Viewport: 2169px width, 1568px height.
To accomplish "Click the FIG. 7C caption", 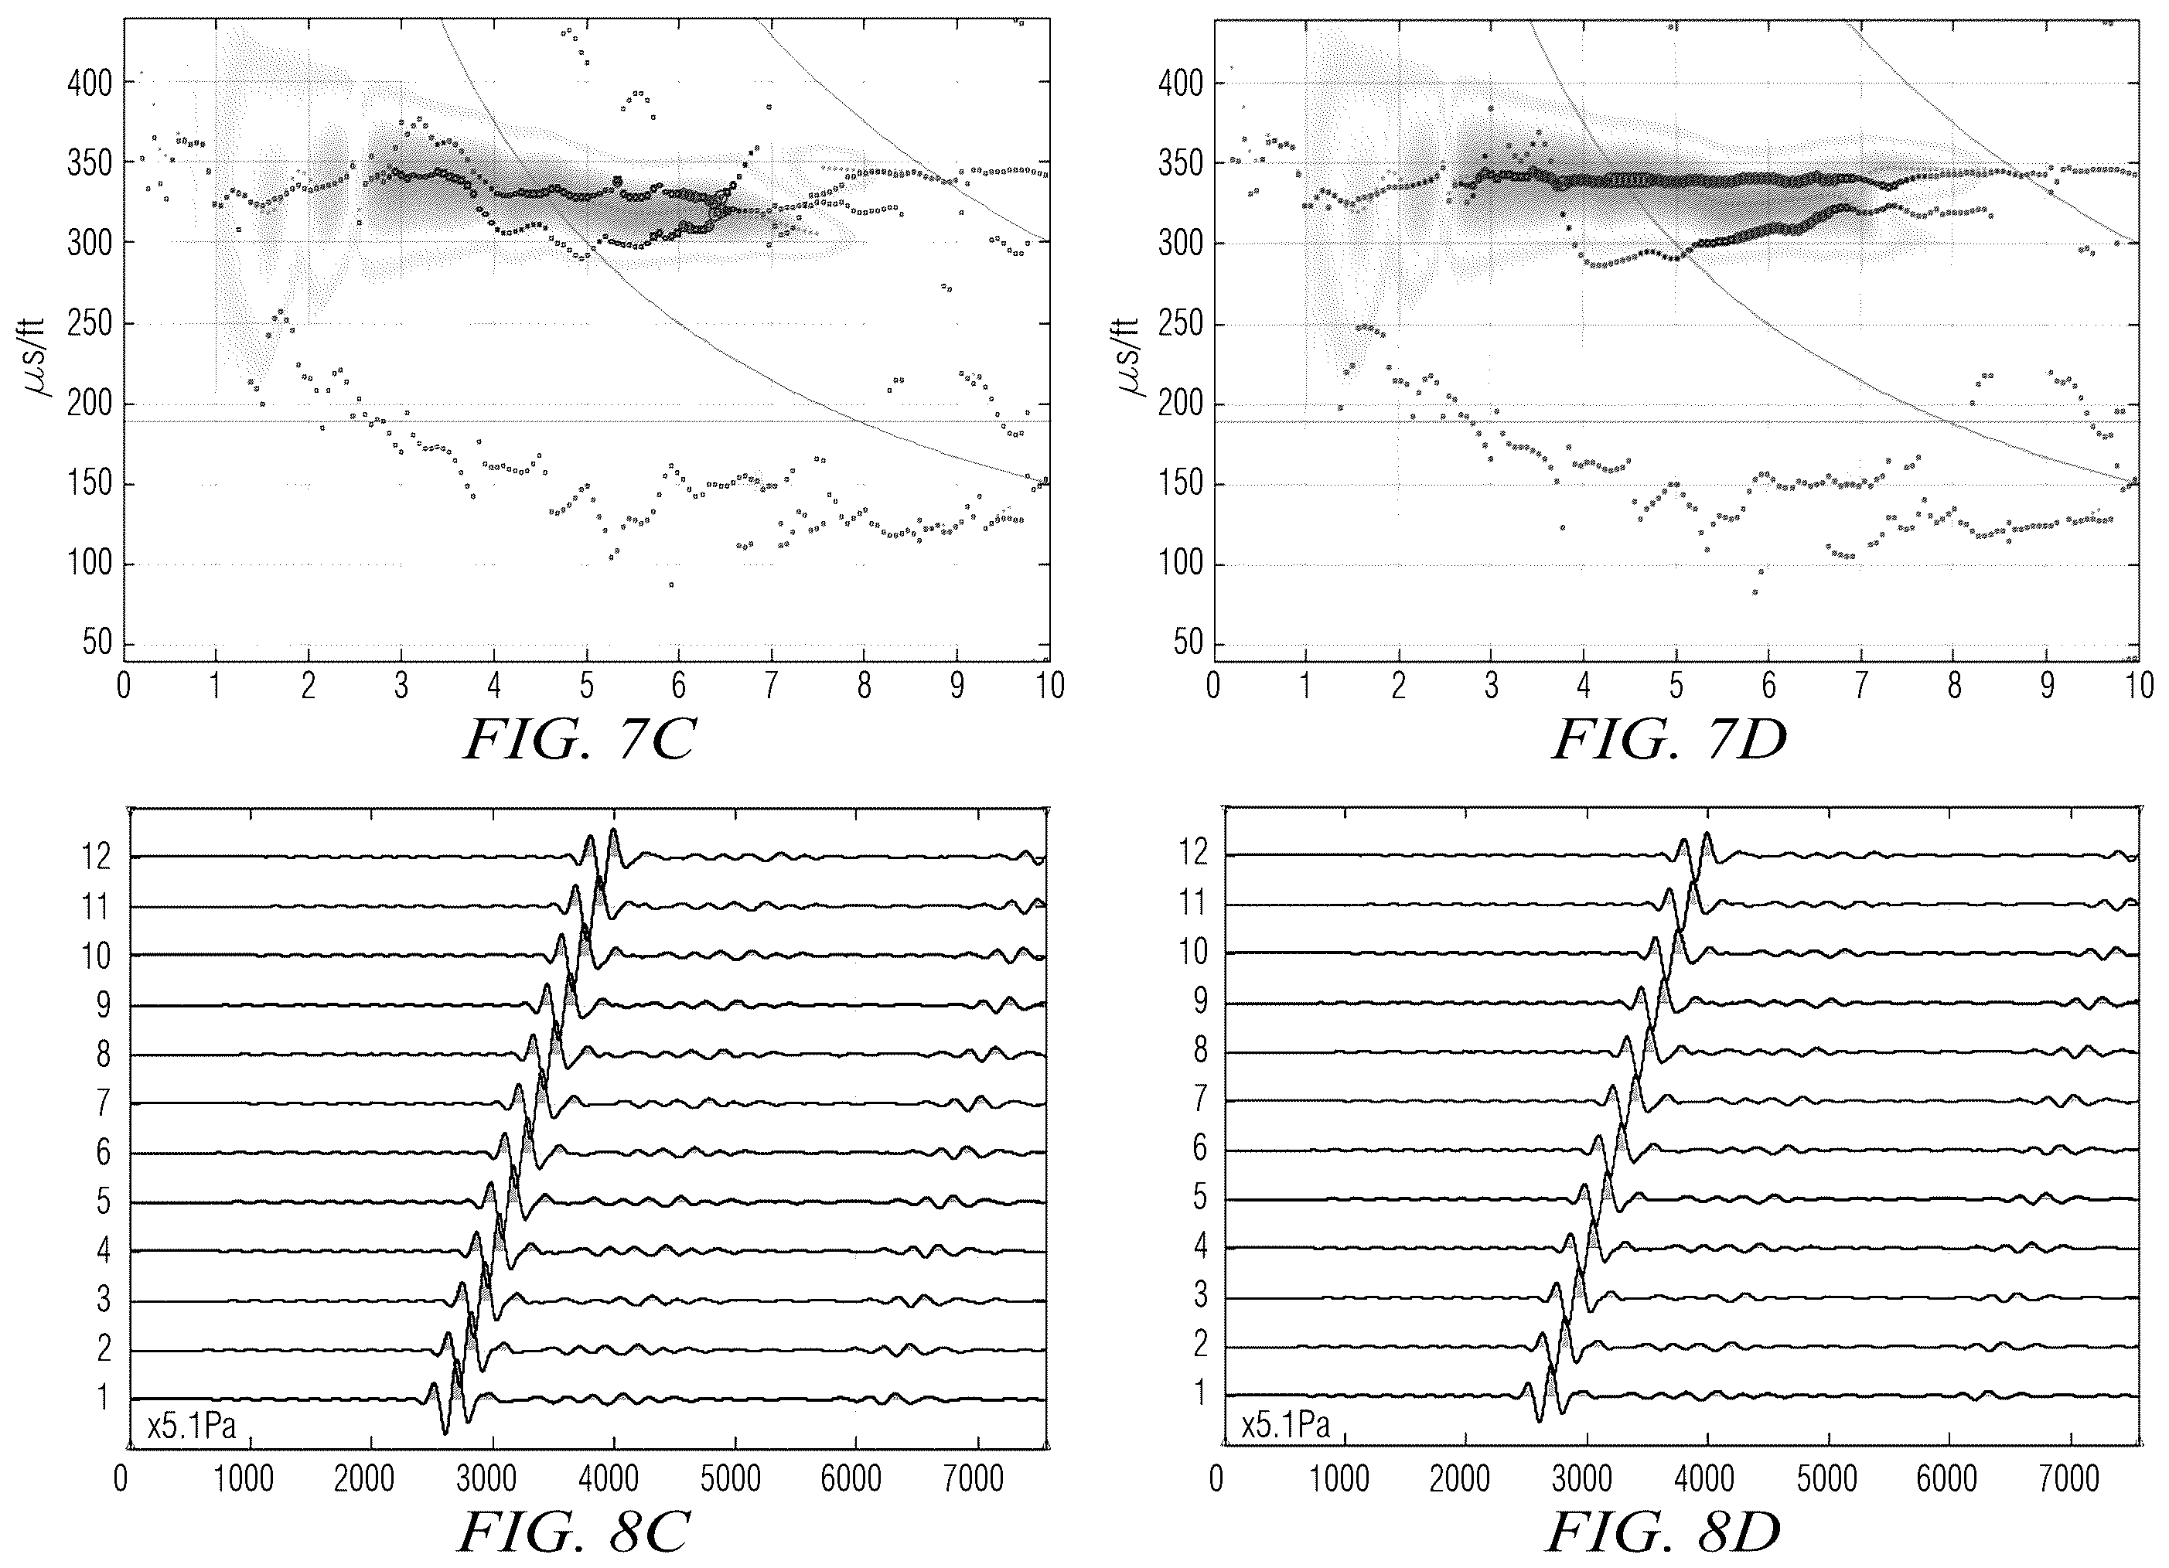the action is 579,740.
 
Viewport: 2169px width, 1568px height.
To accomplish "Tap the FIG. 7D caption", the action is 1669,740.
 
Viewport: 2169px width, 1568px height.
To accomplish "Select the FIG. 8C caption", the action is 575,1532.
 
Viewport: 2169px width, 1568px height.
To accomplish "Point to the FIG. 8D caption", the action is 1664,1532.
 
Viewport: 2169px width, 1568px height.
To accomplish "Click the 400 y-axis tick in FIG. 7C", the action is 90,84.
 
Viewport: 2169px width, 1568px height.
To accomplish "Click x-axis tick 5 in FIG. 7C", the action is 586,686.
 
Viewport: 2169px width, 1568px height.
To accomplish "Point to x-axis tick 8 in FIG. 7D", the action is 1955,686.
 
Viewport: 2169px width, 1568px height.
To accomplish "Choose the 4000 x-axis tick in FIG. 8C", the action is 609,1480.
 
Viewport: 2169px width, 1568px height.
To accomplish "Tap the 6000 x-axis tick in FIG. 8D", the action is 1947,1480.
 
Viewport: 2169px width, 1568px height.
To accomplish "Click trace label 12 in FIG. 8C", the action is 97,857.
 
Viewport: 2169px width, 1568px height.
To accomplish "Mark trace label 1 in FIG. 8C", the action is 104,1399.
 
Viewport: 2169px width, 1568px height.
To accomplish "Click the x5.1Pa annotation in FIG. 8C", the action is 191,1427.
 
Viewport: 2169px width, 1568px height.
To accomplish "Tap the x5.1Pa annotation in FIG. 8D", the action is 1285,1427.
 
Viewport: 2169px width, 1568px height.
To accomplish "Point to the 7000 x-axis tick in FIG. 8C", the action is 973,1480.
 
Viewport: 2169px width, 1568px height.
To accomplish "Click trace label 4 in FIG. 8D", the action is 1200,1247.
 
